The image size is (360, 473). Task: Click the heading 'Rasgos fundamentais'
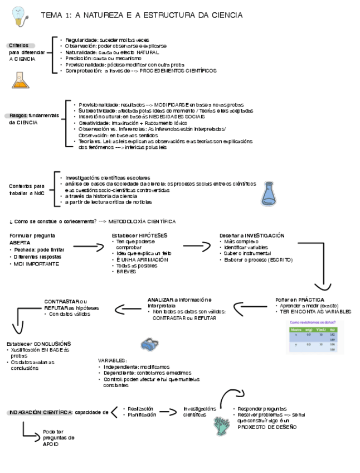coord(33,115)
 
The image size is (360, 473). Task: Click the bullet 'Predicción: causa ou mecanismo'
coord(103,58)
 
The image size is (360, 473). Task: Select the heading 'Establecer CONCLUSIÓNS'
coord(39,344)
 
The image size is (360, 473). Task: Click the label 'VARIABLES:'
coord(112,361)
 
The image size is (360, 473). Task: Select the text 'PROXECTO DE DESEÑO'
coord(267,427)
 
